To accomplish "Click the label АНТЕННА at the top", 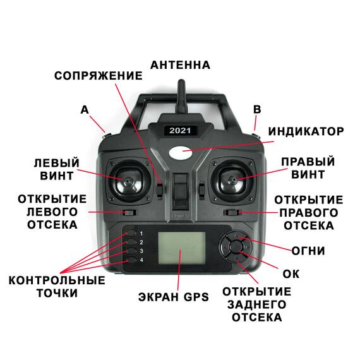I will [180, 65].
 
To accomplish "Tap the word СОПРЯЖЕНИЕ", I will [98, 76].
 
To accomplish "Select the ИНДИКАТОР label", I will [306, 132].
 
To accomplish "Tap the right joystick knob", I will [232, 180].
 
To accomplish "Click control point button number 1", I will [131, 232].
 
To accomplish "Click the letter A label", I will [85, 109].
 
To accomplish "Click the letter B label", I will [256, 109].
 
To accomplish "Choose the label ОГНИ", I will [308, 251].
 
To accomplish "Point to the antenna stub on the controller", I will [180, 91].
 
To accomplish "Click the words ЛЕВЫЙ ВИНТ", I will [57, 169].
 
